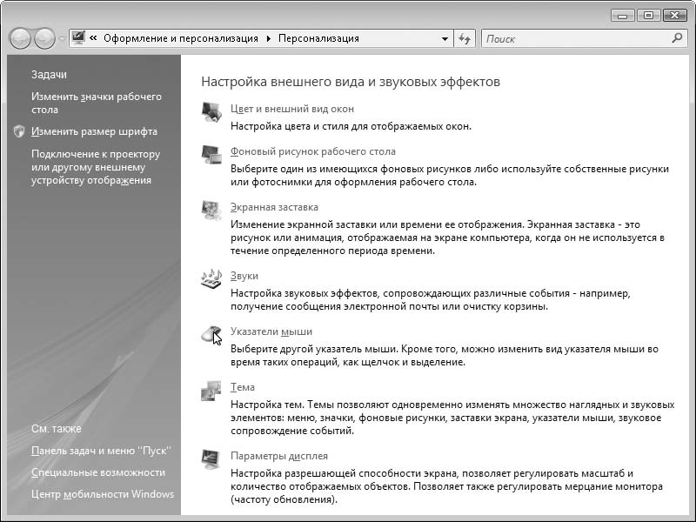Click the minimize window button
tap(622, 16)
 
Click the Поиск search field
tap(574, 39)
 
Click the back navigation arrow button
tap(20, 39)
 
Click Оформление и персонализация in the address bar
tap(180, 39)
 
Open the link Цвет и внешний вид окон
tap(291, 110)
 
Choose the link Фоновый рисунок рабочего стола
tap(312, 152)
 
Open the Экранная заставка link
tap(274, 208)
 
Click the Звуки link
tap(244, 276)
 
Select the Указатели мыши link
tap(271, 332)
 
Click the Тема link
tap(243, 388)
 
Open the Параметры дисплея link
tap(278, 456)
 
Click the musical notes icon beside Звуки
tap(211, 278)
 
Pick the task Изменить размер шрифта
tap(94, 132)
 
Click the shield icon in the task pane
tap(20, 132)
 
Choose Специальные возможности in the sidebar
tap(97, 472)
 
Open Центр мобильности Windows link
tap(102, 494)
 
